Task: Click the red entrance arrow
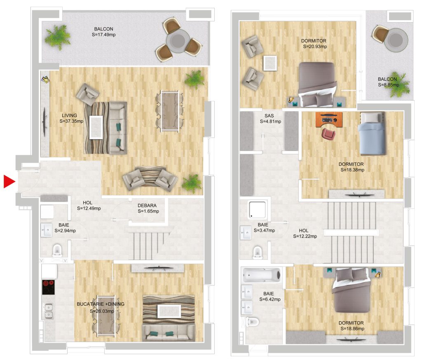(x=9, y=181)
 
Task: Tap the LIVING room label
(x=69, y=115)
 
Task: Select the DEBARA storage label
(x=147, y=206)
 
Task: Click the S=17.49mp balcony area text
(x=103, y=35)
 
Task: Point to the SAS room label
(x=269, y=116)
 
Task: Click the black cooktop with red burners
(x=49, y=287)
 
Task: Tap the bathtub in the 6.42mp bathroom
(x=262, y=275)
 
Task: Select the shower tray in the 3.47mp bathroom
(x=258, y=209)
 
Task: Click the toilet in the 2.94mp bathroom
(x=57, y=250)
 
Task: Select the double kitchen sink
(x=49, y=311)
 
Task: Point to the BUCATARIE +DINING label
(x=101, y=304)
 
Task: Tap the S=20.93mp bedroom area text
(x=315, y=47)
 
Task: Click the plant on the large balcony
(x=58, y=37)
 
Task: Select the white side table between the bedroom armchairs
(x=270, y=63)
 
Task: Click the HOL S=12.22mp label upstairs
(x=305, y=233)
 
